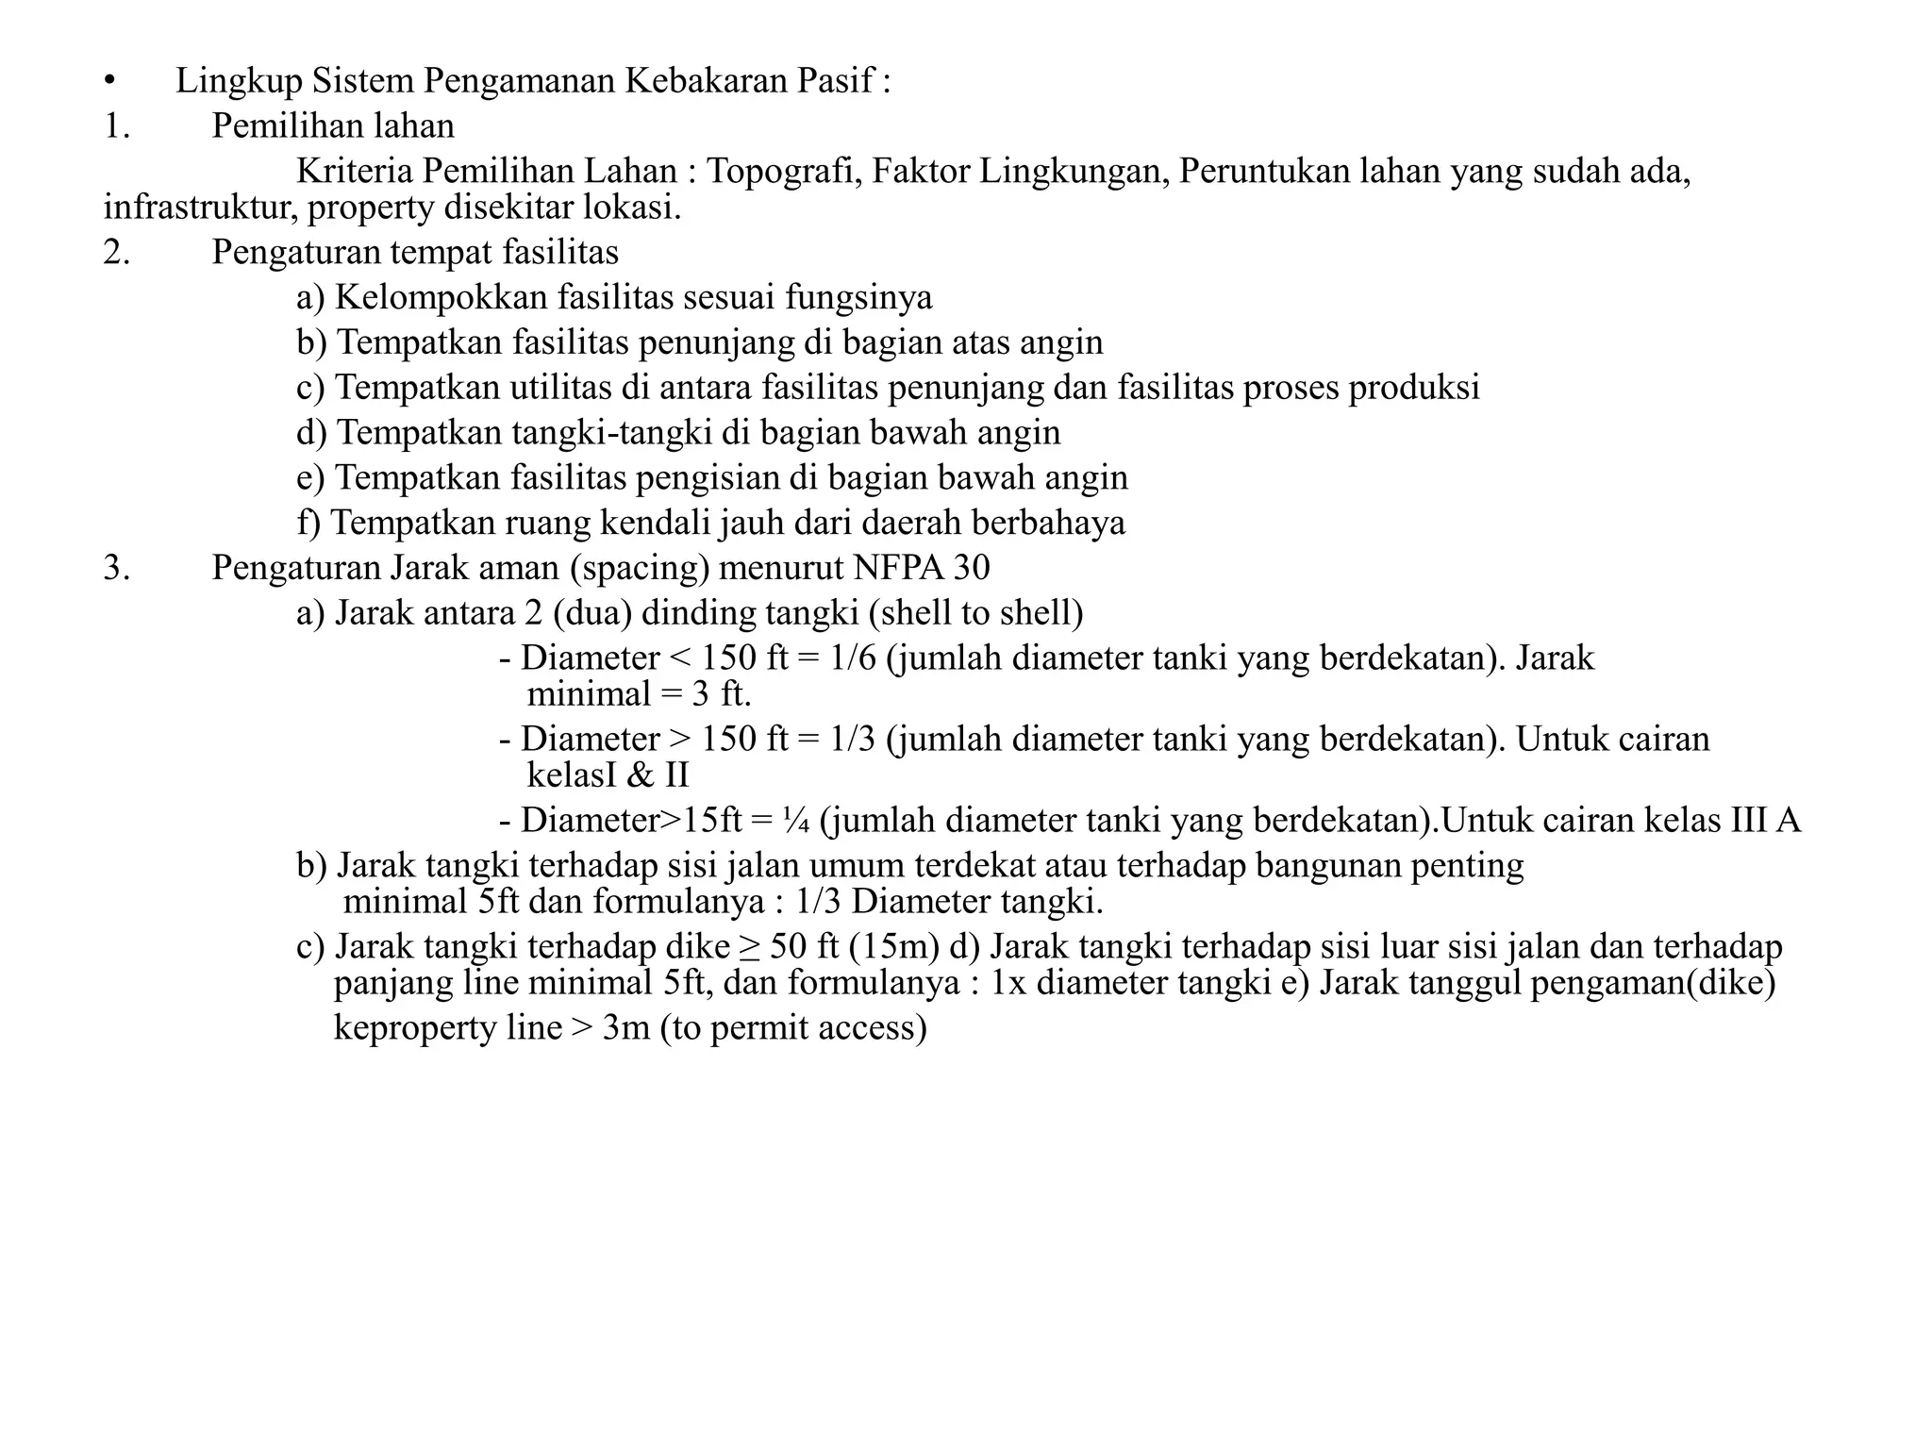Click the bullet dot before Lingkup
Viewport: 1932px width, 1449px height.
[109, 82]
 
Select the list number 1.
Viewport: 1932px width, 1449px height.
[116, 126]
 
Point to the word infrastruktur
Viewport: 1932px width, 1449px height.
[201, 208]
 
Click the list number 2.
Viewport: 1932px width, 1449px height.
[116, 253]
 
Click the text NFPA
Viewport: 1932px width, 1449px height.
[898, 568]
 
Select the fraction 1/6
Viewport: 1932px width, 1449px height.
[853, 658]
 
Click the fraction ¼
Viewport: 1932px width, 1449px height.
[795, 821]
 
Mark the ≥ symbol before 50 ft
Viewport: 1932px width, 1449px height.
[750, 947]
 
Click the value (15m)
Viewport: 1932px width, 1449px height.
[894, 947]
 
